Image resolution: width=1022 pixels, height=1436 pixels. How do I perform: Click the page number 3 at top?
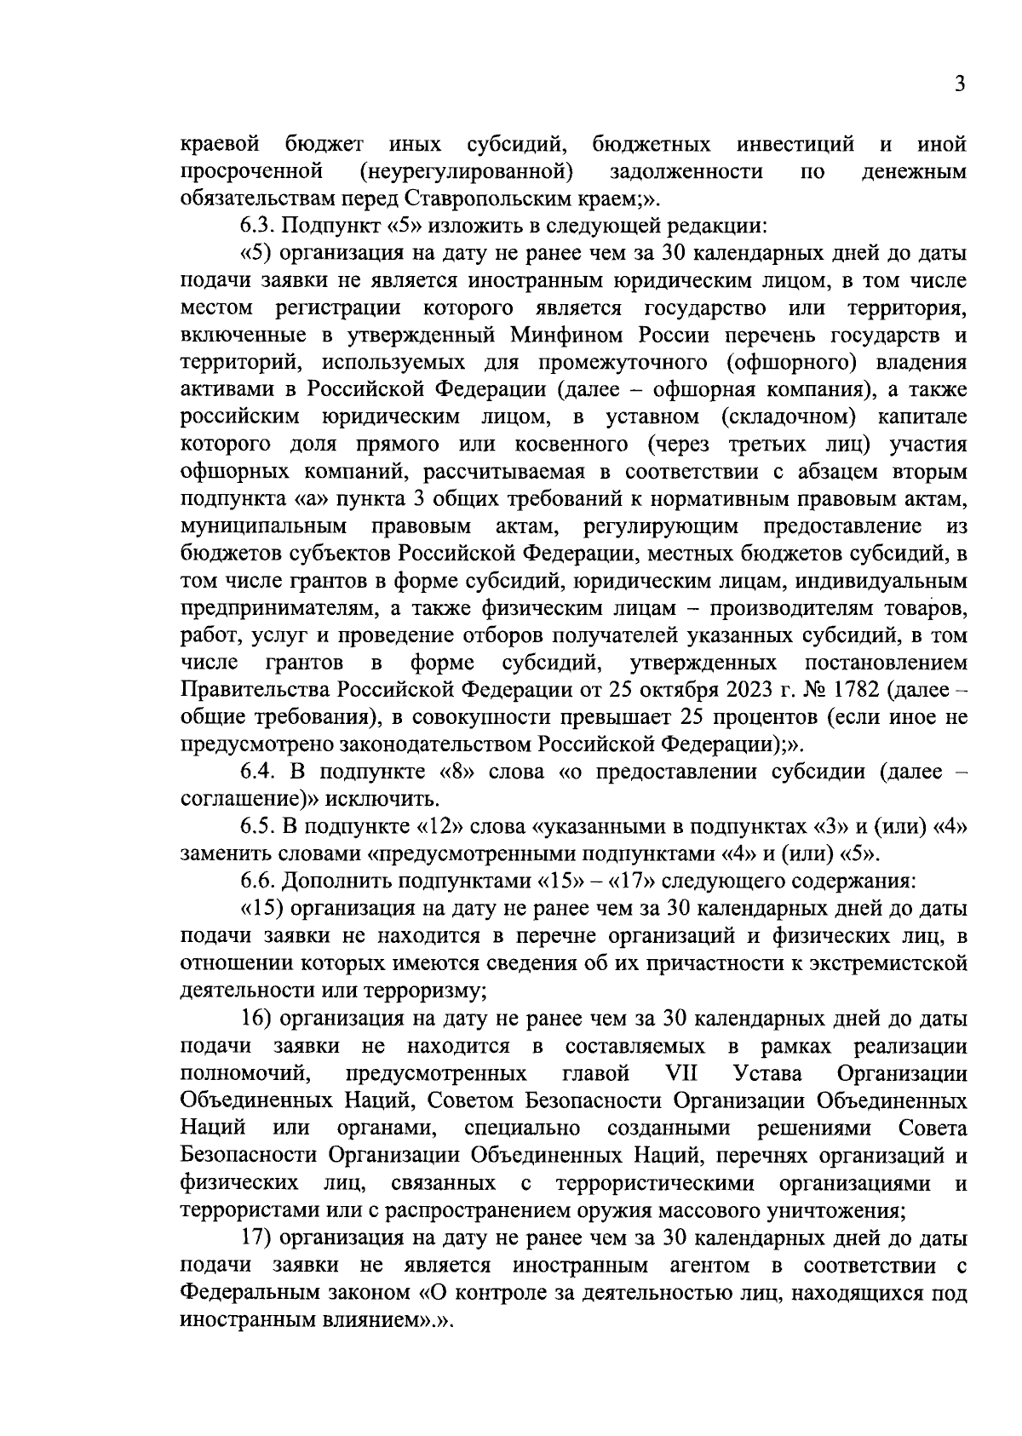point(959,84)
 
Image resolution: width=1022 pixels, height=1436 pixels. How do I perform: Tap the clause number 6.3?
point(258,227)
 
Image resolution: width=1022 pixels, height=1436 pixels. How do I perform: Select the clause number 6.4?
point(258,772)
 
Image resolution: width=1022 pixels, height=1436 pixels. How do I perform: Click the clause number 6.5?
point(258,826)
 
